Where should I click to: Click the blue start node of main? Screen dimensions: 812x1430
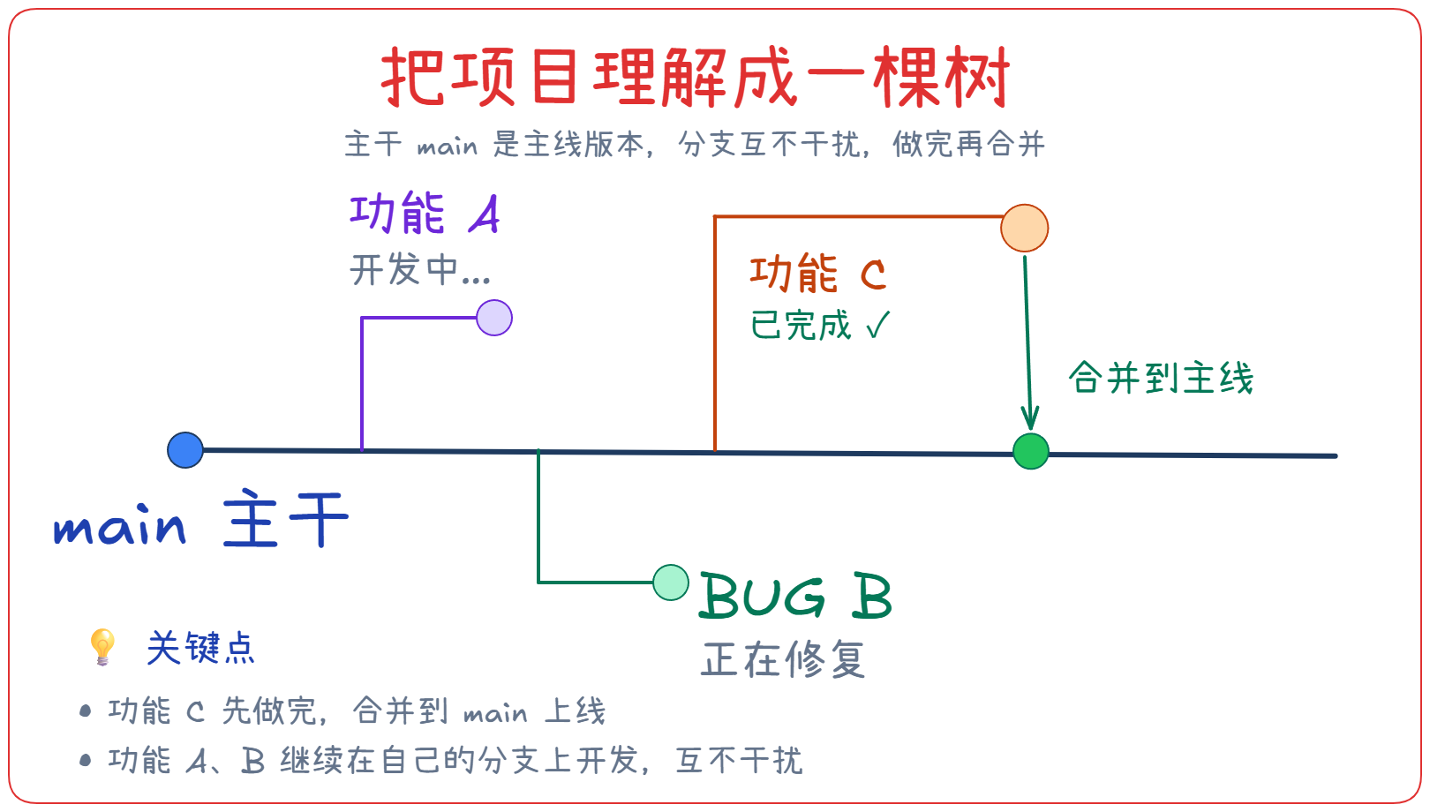pyautogui.click(x=185, y=450)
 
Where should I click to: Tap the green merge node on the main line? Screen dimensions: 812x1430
pyautogui.click(x=1030, y=452)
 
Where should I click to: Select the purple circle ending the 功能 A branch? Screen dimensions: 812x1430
pyautogui.click(x=494, y=318)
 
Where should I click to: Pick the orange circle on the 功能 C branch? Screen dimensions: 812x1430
pyautogui.click(x=1024, y=229)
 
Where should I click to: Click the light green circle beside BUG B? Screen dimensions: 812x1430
pyautogui.click(x=671, y=583)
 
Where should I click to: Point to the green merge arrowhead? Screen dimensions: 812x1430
pyautogui.click(x=1029, y=420)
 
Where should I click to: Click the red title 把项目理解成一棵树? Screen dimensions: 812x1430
pyautogui.click(x=695, y=78)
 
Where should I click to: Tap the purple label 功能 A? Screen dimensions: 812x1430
pyautogui.click(x=425, y=214)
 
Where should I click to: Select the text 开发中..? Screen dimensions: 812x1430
pyautogui.click(x=420, y=270)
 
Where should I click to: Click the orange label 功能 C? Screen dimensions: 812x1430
pyautogui.click(x=817, y=274)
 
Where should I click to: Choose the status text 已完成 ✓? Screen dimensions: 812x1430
pyautogui.click(x=820, y=326)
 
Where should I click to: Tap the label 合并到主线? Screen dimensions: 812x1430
pyautogui.click(x=1161, y=379)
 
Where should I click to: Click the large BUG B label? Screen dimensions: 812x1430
pyautogui.click(x=795, y=597)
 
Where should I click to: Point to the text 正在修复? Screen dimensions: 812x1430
pyautogui.click(x=783, y=659)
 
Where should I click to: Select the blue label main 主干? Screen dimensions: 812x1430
pyautogui.click(x=201, y=522)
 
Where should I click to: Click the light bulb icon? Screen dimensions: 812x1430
pyautogui.click(x=102, y=647)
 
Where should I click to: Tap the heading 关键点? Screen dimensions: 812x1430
pyautogui.click(x=201, y=649)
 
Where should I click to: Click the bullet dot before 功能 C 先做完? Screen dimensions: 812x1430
pyautogui.click(x=86, y=710)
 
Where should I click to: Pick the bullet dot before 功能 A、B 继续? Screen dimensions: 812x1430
pyautogui.click(x=86, y=760)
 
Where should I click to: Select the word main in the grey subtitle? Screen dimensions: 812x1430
pyautogui.click(x=447, y=146)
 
